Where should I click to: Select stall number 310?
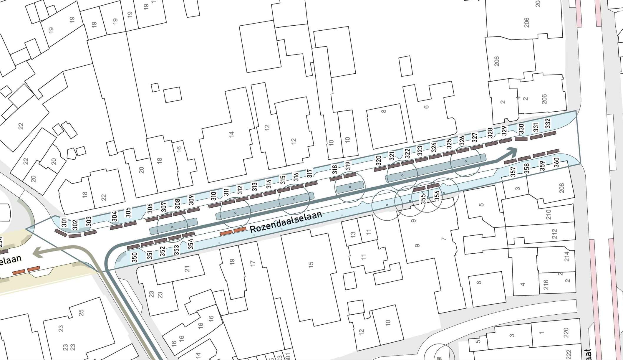pos(214,196)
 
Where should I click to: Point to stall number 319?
pos(348,166)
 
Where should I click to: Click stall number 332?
pos(548,123)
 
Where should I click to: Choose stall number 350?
pos(135,257)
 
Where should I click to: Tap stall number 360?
pos(556,163)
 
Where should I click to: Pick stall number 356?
pos(437,196)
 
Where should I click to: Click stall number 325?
pos(449,144)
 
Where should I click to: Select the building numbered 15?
pos(311,265)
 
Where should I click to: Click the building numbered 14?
pos(231,134)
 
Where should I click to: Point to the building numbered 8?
pos(383,111)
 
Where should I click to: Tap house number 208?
pos(561,188)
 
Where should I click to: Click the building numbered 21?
pos(187,269)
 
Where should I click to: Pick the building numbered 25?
pos(81,312)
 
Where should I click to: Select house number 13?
pos(353,235)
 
